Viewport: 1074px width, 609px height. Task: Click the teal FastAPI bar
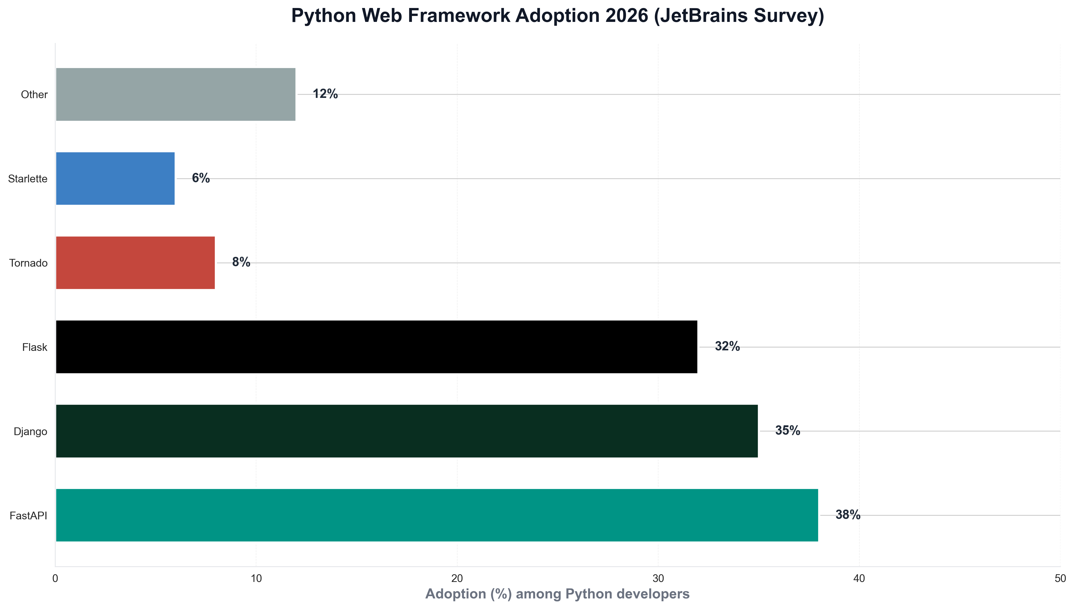tap(437, 515)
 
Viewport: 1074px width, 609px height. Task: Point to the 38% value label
tap(848, 515)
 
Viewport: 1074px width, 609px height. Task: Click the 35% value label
tap(788, 430)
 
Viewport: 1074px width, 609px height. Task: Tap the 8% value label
tap(241, 262)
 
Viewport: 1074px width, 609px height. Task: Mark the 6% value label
tap(201, 178)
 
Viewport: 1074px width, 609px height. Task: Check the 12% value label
tap(325, 94)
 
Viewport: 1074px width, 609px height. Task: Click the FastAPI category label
tap(28, 516)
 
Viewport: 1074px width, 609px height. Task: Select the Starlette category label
tap(28, 179)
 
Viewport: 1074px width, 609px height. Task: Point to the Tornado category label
tap(28, 263)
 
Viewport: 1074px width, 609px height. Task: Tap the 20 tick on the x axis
tap(457, 578)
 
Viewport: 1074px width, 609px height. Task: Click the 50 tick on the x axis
tap(1060, 578)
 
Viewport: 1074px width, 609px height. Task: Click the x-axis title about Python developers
tap(557, 594)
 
